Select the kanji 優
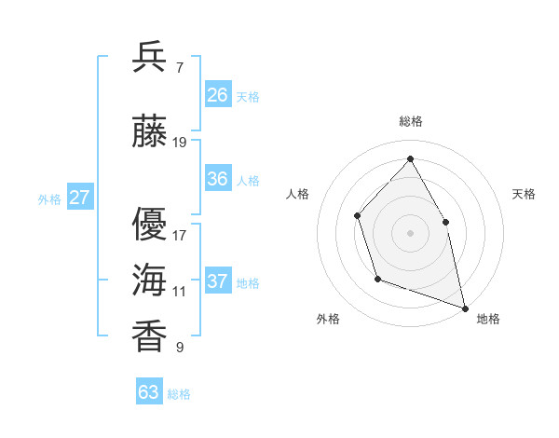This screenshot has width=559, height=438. [150, 223]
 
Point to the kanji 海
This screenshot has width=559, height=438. [150, 280]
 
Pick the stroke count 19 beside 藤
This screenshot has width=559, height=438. [180, 143]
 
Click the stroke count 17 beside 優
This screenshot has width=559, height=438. [180, 235]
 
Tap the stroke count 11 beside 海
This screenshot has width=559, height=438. [180, 292]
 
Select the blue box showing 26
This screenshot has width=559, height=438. [218, 94]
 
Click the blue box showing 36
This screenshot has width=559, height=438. [218, 179]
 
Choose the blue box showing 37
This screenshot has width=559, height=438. [218, 281]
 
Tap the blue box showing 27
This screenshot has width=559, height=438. [79, 198]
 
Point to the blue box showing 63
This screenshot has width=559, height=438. [149, 392]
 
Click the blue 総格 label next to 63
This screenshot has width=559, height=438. [179, 394]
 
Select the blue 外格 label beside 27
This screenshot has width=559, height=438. [49, 198]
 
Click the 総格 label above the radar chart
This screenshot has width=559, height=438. [410, 121]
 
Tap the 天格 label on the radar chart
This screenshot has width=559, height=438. [524, 194]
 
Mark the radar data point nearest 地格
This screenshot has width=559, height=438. [464, 307]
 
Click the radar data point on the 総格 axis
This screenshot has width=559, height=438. [410, 159]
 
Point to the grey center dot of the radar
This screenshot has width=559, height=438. [410, 233]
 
